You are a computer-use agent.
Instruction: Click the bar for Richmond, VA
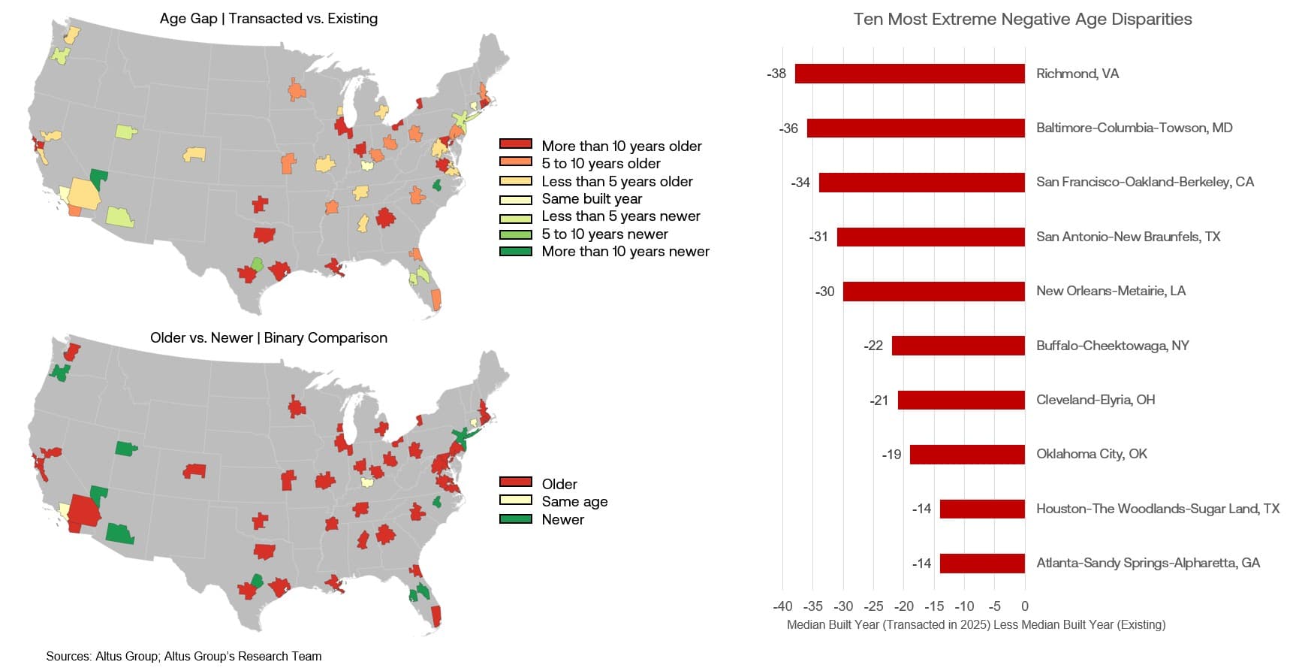tap(909, 74)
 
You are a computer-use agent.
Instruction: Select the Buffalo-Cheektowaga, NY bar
tap(958, 346)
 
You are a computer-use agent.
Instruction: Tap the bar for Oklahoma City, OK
tap(967, 455)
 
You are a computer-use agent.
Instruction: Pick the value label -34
tap(800, 183)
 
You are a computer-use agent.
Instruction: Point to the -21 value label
tap(879, 400)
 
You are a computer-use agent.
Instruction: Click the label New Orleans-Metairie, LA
tap(1111, 291)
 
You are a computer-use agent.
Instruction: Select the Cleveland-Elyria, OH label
tap(1096, 400)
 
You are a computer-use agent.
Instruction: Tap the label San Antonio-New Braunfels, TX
tap(1128, 237)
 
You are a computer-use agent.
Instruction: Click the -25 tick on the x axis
tap(873, 606)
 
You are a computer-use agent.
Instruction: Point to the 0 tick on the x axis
tap(1025, 606)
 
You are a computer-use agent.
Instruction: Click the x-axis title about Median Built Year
tap(975, 625)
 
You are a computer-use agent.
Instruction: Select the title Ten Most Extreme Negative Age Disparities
tap(1022, 20)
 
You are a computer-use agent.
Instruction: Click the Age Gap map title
tap(268, 19)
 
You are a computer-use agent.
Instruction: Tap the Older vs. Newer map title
tap(268, 338)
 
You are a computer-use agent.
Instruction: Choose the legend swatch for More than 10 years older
tap(516, 144)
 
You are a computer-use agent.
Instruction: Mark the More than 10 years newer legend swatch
tap(516, 252)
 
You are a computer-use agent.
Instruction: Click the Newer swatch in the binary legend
tap(516, 519)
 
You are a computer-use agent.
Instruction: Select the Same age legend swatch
tap(516, 500)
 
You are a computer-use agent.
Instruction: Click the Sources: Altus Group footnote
tap(183, 657)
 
